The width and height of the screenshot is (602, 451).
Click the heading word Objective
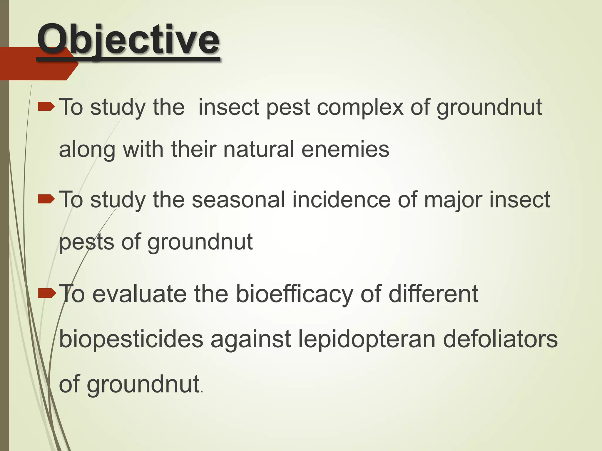pos(128,40)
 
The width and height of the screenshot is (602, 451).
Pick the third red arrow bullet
pos(46,293)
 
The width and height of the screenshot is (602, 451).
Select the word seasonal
pos(238,200)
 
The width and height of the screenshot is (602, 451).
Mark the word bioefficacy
pos(294,295)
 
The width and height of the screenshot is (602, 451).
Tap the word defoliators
pos(500,339)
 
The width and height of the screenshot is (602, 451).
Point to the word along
pos(87,150)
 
